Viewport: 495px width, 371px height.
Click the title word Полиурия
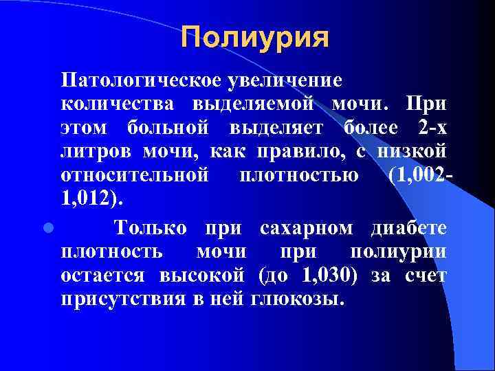click(x=256, y=37)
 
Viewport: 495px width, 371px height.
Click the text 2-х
click(x=431, y=128)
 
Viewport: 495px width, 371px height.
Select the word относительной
click(x=135, y=175)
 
